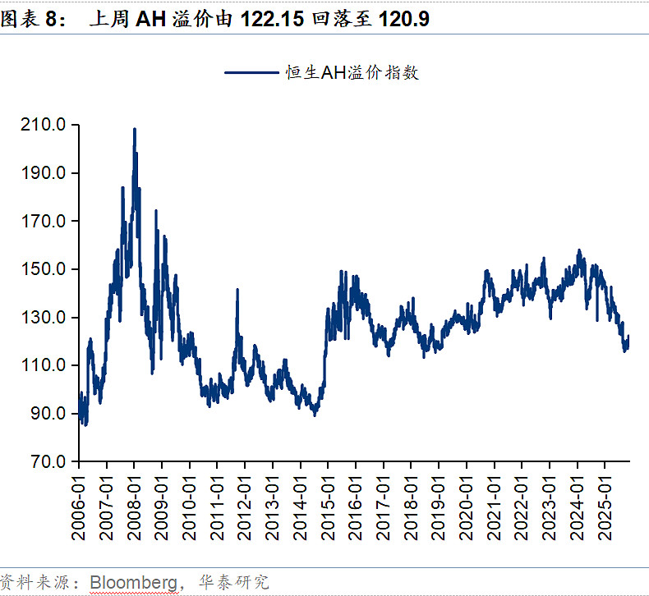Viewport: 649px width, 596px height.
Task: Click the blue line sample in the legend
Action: [250, 73]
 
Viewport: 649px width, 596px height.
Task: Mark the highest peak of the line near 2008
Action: [135, 130]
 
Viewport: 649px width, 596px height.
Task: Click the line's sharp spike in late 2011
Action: [237, 290]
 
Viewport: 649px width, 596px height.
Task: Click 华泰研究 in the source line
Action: [237, 582]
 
